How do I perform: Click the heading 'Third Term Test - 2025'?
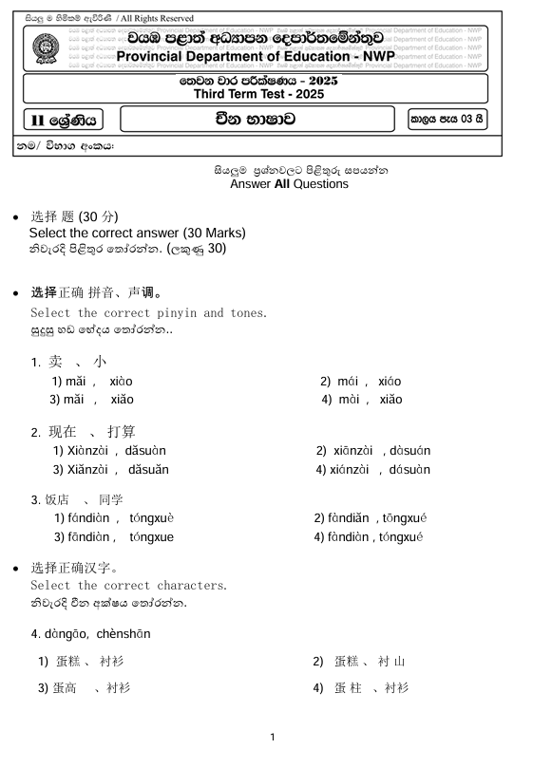point(258,94)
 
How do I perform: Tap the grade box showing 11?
point(63,121)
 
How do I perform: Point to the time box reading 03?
point(447,120)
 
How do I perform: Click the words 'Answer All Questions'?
point(289,184)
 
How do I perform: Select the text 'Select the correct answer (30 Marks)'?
point(137,233)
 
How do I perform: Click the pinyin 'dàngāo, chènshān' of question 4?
point(90,633)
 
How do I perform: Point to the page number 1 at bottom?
point(273,738)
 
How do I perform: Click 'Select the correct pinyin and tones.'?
point(148,312)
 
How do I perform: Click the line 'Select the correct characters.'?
point(128,585)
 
